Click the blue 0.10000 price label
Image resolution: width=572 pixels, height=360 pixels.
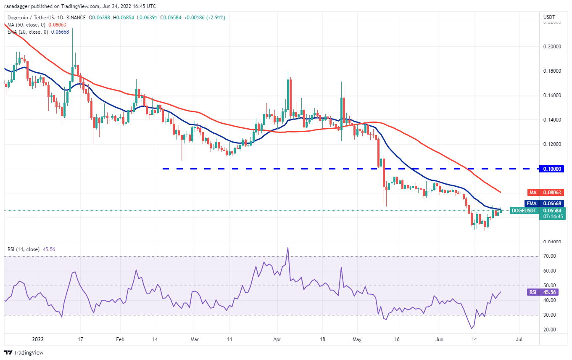[551, 169]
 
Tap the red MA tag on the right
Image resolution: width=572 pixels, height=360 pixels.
[532, 192]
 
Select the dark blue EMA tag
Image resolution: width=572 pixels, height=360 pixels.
[532, 204]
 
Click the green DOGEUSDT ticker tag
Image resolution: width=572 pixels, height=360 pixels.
[524, 211]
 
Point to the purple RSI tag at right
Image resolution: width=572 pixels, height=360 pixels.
[532, 292]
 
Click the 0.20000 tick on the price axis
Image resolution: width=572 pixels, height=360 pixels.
[552, 47]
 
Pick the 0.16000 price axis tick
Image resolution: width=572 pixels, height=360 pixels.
[552, 95]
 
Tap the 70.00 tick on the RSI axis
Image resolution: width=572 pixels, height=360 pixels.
[550, 256]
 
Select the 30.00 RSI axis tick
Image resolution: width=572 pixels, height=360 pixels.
[550, 315]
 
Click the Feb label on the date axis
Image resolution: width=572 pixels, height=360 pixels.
[120, 339]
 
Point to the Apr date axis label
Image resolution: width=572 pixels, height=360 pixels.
[277, 339]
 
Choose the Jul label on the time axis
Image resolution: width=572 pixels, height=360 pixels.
[519, 339]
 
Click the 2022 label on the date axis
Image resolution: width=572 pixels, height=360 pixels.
[38, 339]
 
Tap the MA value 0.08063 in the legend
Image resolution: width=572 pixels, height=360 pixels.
[57, 25]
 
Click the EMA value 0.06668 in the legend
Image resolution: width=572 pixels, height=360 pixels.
[60, 32]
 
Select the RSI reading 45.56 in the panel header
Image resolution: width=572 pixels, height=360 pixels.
[49, 249]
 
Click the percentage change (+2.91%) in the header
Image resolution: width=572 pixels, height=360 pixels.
[216, 18]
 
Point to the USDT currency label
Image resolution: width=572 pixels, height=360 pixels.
[549, 17]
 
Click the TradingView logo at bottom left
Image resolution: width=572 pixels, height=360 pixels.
[24, 352]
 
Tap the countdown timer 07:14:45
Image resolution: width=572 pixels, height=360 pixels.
[553, 217]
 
